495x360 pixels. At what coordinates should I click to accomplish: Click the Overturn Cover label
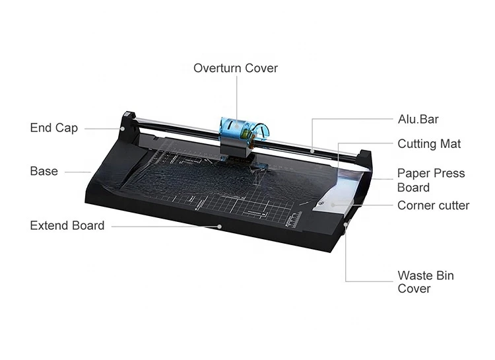point(236,68)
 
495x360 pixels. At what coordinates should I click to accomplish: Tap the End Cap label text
point(54,128)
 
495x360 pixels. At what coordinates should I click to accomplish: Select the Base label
point(44,171)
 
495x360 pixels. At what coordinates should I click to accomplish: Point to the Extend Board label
point(67,226)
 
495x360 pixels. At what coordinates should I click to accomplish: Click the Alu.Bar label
point(418,120)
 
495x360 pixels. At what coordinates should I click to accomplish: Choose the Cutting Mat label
point(430,144)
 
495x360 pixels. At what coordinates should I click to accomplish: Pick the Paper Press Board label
point(431,180)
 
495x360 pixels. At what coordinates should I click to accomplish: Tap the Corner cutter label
point(434,205)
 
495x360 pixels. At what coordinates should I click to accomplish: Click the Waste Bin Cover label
point(426,282)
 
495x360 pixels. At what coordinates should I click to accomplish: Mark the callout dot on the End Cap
point(123,129)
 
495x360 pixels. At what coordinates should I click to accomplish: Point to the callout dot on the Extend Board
point(219,227)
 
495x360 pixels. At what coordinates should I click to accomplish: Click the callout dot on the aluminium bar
point(312,151)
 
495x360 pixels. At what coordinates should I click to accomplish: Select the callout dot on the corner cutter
point(333,205)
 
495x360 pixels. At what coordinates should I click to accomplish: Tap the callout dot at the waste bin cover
point(346,225)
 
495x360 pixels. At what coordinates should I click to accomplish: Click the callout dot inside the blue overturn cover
point(237,126)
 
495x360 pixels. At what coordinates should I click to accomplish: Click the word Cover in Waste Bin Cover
point(414,289)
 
